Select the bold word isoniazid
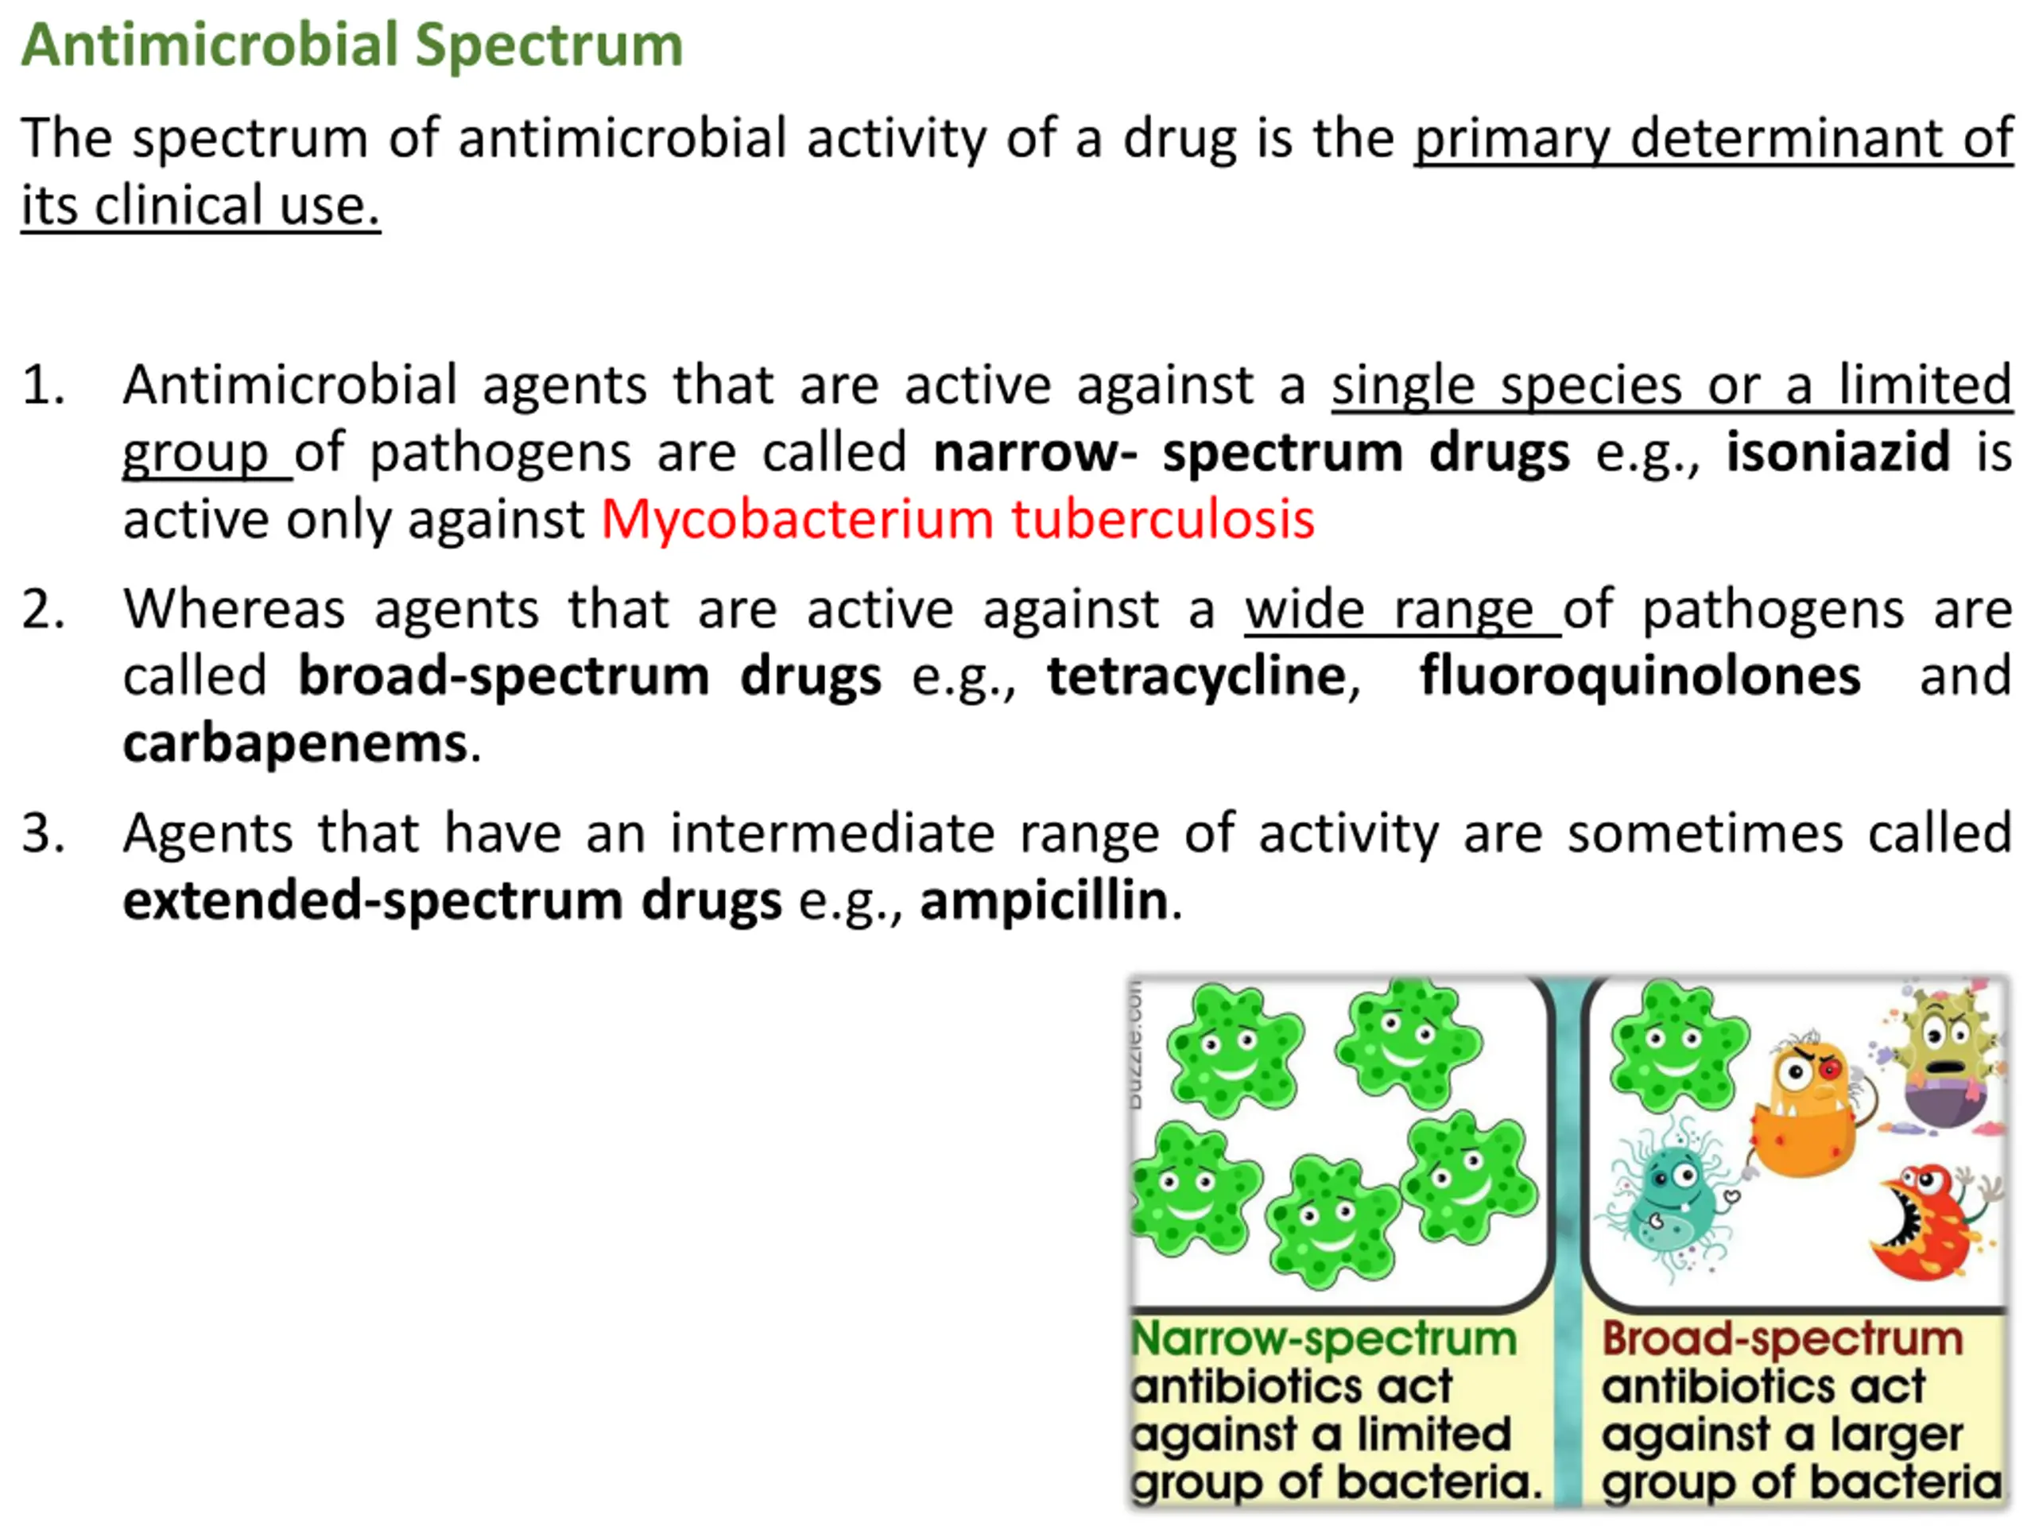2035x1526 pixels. pos(1838,451)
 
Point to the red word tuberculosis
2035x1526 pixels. pos(1164,519)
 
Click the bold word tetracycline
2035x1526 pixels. pos(1197,677)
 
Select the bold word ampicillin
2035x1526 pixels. pos(1045,900)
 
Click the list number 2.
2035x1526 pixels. pos(42,610)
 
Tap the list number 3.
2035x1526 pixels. pos(42,835)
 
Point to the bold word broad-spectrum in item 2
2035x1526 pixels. pos(504,677)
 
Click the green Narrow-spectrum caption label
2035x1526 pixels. pos(1324,1339)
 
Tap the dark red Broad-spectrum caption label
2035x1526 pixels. pos(1783,1339)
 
